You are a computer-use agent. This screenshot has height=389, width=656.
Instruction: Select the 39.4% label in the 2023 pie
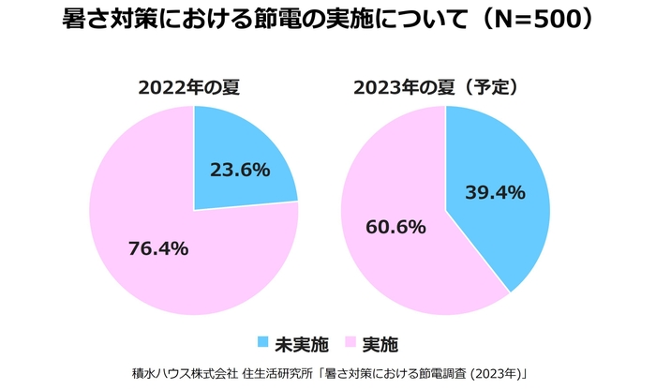pyautogui.click(x=496, y=192)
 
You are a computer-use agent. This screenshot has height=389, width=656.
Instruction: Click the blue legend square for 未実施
pyautogui.click(x=263, y=341)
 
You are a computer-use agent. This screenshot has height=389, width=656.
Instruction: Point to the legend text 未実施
pyautogui.click(x=301, y=341)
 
